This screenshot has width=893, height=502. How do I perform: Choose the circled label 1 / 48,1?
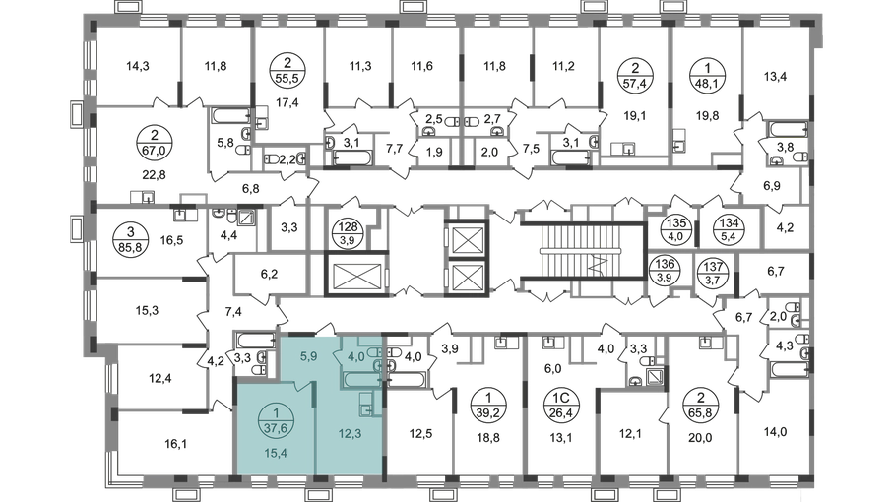coord(708,76)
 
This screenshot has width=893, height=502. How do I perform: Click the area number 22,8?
coord(154,175)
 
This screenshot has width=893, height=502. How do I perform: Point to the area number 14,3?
coord(137,66)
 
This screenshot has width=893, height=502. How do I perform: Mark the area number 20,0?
coord(700,438)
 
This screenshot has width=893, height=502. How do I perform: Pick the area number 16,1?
coord(175,443)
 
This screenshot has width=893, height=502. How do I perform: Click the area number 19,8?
coord(707,116)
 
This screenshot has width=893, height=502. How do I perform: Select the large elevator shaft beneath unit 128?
coord(356,275)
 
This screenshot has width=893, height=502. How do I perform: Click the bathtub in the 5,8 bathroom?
coord(230,115)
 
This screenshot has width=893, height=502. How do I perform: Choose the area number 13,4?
coord(775,76)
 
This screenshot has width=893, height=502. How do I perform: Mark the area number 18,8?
coord(488,438)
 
